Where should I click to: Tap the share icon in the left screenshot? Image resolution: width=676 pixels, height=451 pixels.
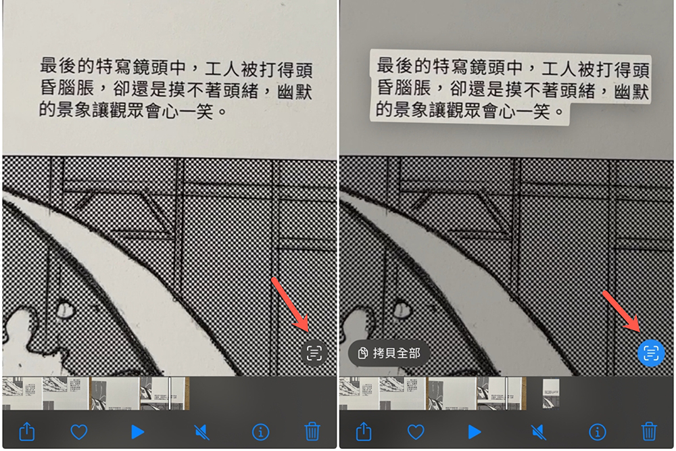click(27, 431)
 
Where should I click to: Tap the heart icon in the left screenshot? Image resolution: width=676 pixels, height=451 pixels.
click(80, 431)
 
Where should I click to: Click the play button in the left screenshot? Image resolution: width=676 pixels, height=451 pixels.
click(138, 431)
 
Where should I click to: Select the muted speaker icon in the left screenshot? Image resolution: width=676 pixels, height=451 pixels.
click(201, 431)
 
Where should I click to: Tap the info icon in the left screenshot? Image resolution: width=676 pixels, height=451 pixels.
click(260, 431)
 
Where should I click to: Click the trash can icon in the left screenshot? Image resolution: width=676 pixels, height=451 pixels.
click(312, 431)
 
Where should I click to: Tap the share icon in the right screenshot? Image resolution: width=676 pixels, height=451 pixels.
click(364, 431)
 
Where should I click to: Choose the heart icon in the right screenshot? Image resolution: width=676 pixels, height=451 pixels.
click(416, 431)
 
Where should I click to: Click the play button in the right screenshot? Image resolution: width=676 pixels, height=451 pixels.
click(475, 431)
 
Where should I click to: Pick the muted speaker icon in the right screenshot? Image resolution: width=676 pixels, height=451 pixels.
click(537, 431)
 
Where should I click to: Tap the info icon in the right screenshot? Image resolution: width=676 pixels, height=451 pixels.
click(597, 431)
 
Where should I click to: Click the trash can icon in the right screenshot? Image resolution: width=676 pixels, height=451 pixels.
click(648, 431)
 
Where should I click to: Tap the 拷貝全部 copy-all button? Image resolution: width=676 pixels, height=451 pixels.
click(389, 353)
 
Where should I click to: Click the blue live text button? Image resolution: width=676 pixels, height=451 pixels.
click(651, 352)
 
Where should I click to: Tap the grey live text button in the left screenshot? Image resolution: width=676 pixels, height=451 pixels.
click(314, 352)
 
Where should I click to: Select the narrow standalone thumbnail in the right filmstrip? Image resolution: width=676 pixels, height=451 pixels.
click(551, 394)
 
